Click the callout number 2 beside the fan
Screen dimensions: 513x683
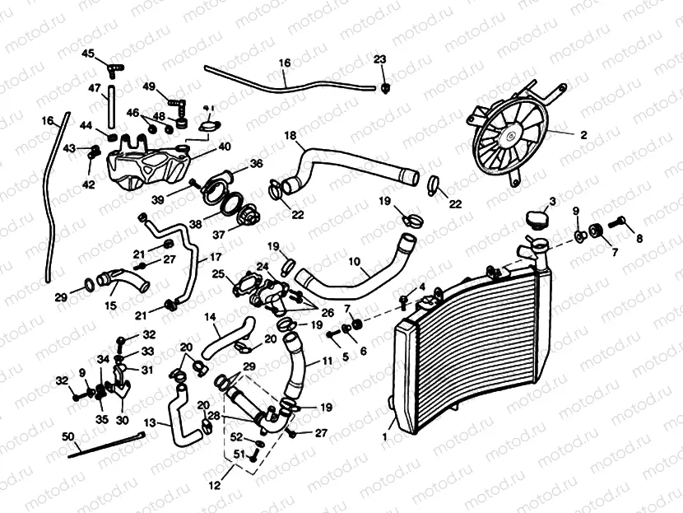(x=583, y=134)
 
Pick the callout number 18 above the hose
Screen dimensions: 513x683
(x=290, y=134)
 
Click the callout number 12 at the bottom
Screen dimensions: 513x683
(x=214, y=487)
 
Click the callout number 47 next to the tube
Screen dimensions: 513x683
(x=95, y=89)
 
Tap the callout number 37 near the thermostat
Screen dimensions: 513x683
(x=219, y=234)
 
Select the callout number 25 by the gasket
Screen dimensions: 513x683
(x=218, y=273)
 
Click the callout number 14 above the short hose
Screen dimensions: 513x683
(x=210, y=316)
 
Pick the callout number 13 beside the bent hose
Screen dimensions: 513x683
(x=150, y=424)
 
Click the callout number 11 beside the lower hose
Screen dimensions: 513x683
(x=328, y=361)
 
